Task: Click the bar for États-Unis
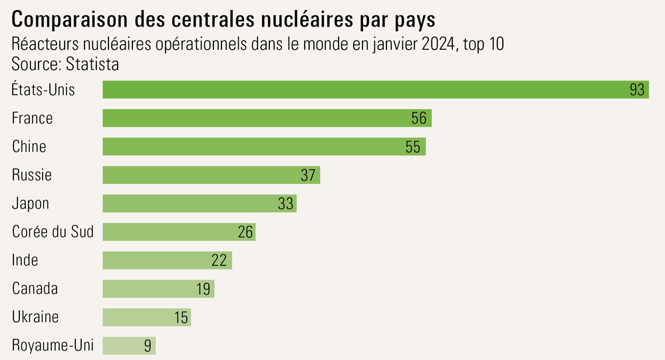click(375, 90)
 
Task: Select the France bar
click(267, 118)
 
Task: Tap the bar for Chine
click(264, 146)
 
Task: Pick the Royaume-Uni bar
click(128, 345)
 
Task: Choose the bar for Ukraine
click(146, 317)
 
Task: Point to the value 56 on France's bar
click(419, 118)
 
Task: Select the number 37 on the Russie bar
click(307, 175)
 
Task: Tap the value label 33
click(285, 204)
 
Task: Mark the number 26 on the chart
click(245, 232)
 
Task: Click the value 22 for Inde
click(219, 260)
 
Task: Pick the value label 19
click(203, 289)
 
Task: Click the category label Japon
click(31, 204)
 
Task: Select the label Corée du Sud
click(53, 232)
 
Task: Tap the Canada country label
click(35, 289)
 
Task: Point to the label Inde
click(25, 260)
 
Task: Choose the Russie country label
click(32, 175)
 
